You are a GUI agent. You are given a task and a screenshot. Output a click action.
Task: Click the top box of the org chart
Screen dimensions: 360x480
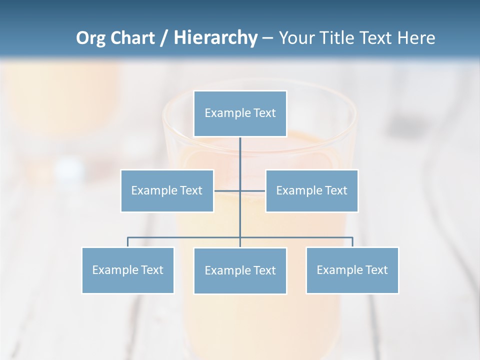pos(240,113)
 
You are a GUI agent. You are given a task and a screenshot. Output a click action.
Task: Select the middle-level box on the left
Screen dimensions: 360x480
pos(167,190)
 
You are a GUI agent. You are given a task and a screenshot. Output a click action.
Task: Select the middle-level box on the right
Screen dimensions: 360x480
pos(311,190)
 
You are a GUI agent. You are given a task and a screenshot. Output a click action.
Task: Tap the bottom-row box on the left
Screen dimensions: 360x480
pos(128,270)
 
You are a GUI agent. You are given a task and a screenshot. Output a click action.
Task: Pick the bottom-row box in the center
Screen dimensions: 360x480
pos(240,270)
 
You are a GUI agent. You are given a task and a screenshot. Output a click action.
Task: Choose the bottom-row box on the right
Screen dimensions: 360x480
pos(352,270)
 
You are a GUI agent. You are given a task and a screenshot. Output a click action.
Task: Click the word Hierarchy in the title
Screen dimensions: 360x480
pos(215,38)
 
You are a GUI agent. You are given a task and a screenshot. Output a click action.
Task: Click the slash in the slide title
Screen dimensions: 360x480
pos(164,38)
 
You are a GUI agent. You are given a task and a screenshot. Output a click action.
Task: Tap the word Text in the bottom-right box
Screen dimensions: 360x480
pos(376,270)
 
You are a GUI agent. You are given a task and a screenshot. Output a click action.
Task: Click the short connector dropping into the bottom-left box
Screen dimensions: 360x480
pos(128,242)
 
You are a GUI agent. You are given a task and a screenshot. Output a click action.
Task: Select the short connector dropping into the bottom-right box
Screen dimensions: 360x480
pos(352,242)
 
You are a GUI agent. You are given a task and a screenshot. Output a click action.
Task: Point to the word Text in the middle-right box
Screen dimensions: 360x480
pos(336,190)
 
